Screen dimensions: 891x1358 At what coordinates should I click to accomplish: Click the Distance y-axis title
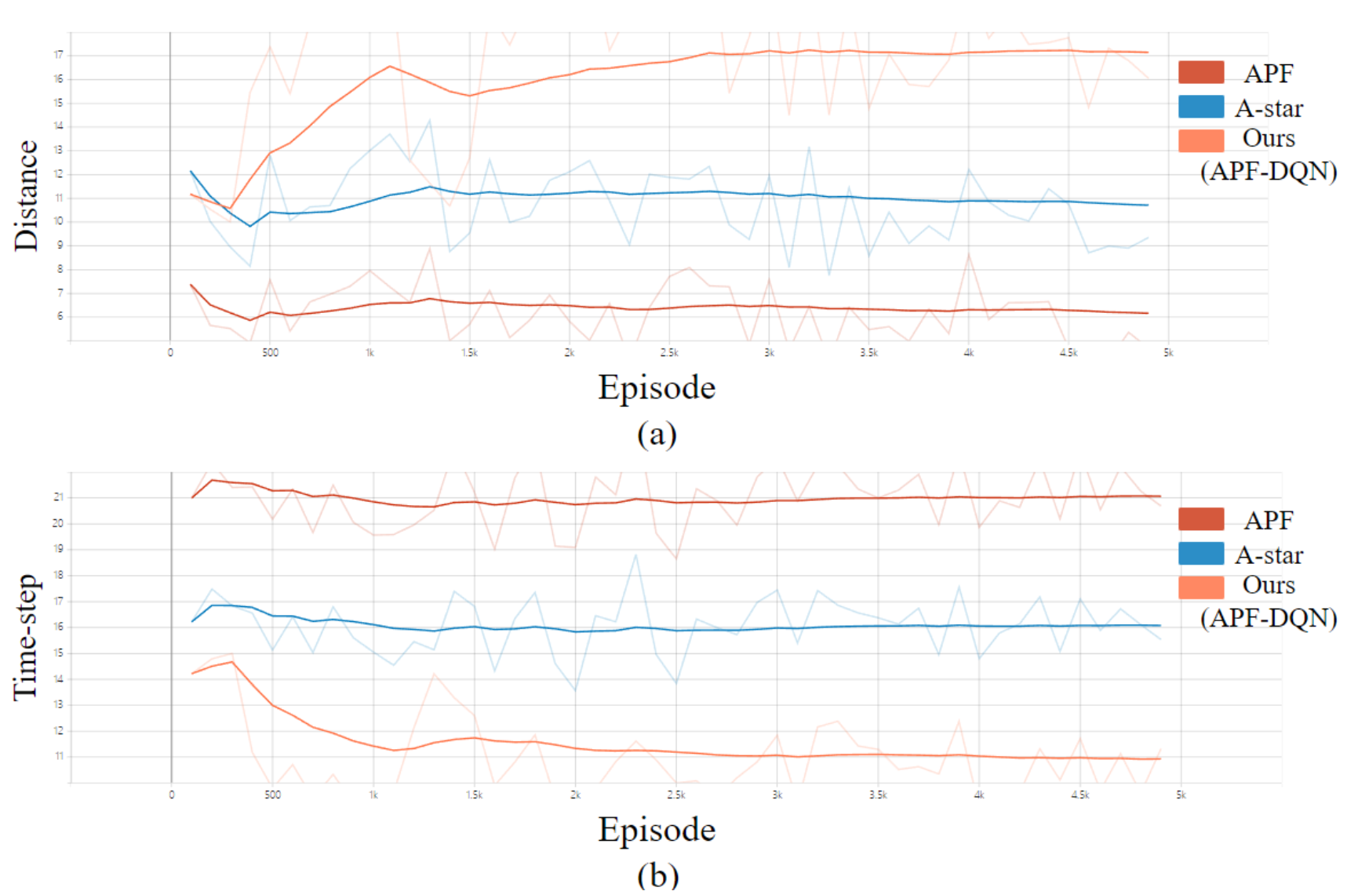tap(26, 195)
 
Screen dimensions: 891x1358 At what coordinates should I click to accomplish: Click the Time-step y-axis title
tap(26, 637)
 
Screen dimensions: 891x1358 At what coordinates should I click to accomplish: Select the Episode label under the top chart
tap(657, 388)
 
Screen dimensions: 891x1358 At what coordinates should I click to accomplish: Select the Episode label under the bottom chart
tap(657, 830)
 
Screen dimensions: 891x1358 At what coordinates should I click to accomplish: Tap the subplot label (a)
tap(657, 434)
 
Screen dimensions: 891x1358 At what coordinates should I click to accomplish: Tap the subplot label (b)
tap(657, 875)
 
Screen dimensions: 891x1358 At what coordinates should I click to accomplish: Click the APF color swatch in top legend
tap(1201, 72)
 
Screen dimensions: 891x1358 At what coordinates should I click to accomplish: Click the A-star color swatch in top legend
tap(1201, 107)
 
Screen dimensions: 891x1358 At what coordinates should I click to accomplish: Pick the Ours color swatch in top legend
tap(1201, 140)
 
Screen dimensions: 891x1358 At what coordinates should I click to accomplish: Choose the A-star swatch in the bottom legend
tap(1201, 554)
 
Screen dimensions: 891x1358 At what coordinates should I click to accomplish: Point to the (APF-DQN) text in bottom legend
tap(1269, 618)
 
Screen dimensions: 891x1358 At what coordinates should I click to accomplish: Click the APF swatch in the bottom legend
tap(1201, 518)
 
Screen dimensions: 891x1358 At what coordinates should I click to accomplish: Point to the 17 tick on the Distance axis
tap(59, 55)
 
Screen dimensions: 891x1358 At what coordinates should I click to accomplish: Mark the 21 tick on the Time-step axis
tap(59, 497)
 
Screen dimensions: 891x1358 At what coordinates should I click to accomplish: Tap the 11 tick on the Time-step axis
tap(59, 757)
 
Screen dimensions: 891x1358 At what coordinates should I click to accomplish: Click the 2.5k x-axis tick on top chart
tap(669, 353)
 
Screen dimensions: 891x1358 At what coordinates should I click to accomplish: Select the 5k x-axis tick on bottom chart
tap(1181, 795)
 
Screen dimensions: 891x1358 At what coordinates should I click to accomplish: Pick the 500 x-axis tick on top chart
tap(270, 353)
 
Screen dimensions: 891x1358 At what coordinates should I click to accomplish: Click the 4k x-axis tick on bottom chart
tap(979, 795)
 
